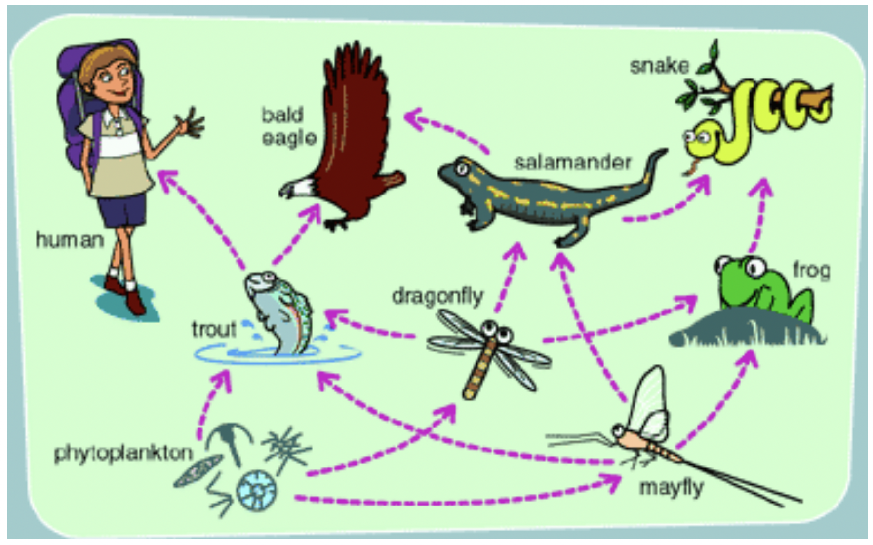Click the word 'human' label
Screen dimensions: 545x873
(x=70, y=240)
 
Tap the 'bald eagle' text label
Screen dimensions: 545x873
(x=288, y=126)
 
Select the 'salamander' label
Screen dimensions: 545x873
(x=572, y=162)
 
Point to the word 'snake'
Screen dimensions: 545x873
(x=659, y=66)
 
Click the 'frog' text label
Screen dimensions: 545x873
(x=811, y=270)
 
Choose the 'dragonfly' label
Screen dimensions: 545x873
(x=437, y=296)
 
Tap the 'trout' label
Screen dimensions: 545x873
(x=214, y=329)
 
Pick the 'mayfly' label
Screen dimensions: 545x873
(x=671, y=488)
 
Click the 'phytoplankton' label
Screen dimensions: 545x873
(x=123, y=453)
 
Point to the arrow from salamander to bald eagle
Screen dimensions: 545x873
(x=447, y=128)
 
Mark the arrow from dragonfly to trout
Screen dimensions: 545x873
(x=370, y=326)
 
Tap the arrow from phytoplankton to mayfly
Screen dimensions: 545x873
(x=454, y=500)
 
